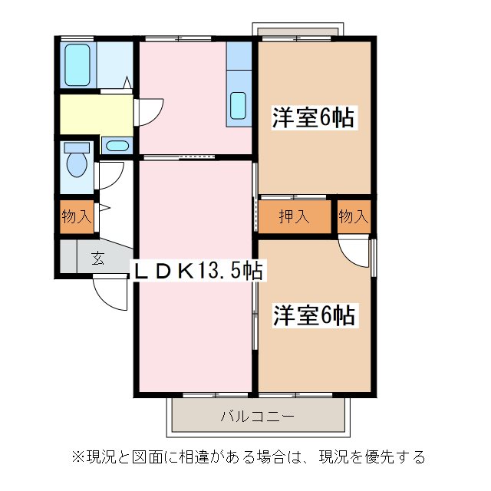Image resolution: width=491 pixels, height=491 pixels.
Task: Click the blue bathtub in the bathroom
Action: [x=77, y=65]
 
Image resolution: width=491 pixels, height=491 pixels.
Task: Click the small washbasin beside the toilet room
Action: [x=117, y=146]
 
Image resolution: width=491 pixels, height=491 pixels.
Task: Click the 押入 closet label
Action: [x=294, y=217]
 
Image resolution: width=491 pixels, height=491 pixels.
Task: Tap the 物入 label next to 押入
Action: [x=353, y=217]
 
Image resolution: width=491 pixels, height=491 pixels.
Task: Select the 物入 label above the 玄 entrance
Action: [x=76, y=217]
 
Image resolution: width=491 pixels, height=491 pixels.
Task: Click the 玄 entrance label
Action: [x=98, y=258]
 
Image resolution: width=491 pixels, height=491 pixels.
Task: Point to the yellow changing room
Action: [x=96, y=114]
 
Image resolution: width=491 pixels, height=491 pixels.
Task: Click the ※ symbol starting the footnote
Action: [x=77, y=457]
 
